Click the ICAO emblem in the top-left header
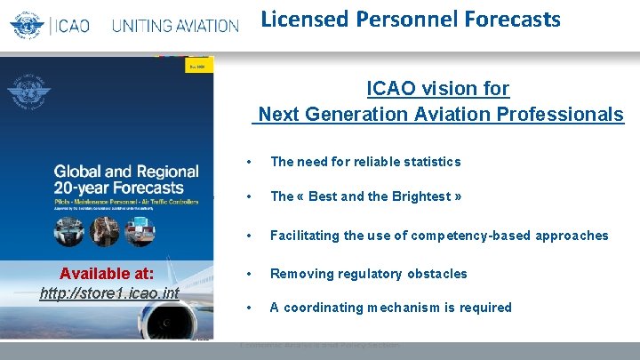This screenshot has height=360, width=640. [x=28, y=23]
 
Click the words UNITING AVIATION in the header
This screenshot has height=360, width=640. [x=175, y=25]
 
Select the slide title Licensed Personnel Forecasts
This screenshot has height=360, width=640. [x=411, y=19]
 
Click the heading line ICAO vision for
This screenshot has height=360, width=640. [x=438, y=89]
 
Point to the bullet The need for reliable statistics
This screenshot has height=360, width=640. [x=365, y=162]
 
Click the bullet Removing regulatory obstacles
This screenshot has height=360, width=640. [x=368, y=274]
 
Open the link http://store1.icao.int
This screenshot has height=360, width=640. [x=109, y=293]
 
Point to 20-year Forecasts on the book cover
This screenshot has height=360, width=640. [x=118, y=188]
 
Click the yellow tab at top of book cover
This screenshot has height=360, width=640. [x=198, y=67]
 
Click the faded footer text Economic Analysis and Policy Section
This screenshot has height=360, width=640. [x=319, y=345]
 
